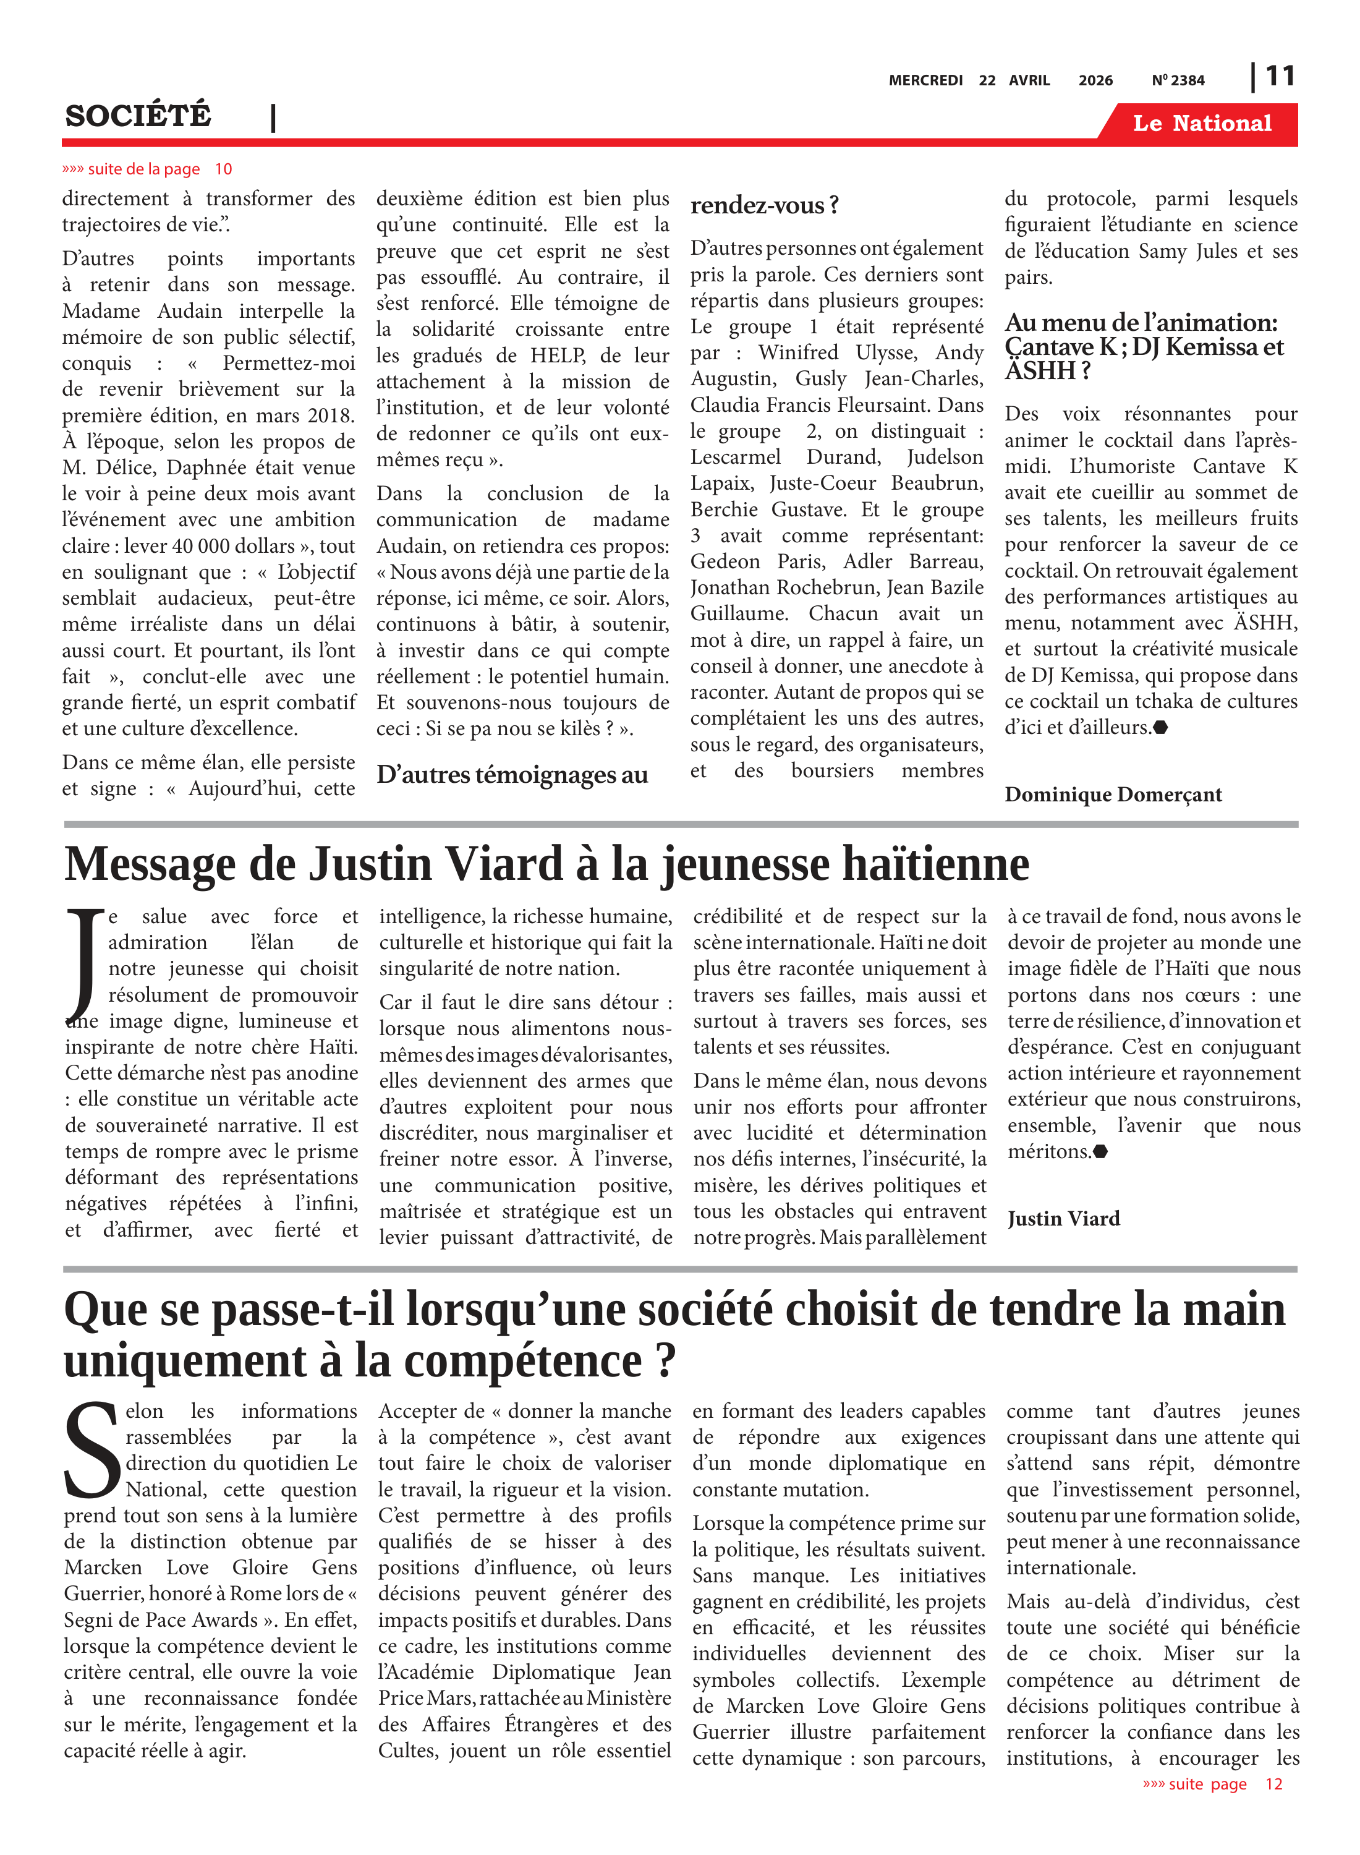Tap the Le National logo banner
[x=1201, y=124]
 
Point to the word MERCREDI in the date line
[x=925, y=80]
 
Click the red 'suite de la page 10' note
[x=147, y=169]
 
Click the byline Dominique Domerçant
[x=1112, y=795]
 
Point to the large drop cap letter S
[x=92, y=1452]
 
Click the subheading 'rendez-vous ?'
[x=764, y=205]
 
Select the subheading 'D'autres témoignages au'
[x=512, y=775]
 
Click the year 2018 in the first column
[x=330, y=415]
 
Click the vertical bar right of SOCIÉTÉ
[x=273, y=119]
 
